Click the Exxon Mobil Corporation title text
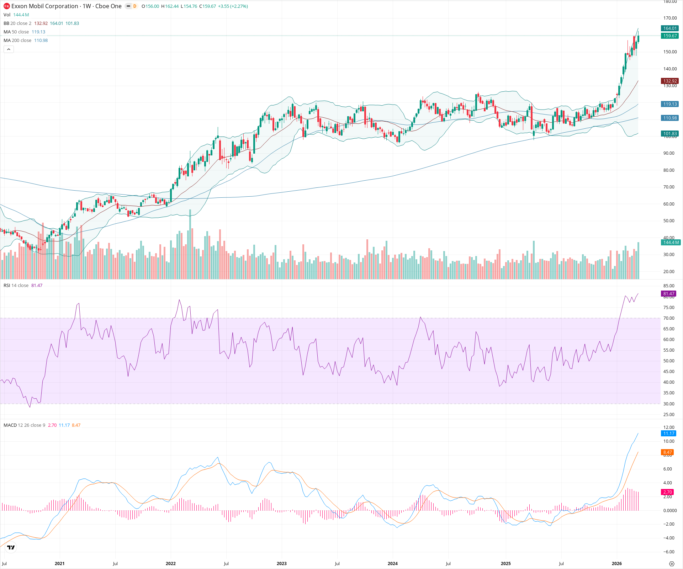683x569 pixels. (x=45, y=6)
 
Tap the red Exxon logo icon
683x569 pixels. (x=6, y=6)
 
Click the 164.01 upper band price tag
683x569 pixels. (x=669, y=28)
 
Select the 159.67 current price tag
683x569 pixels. (x=669, y=36)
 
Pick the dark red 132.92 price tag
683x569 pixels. (x=669, y=81)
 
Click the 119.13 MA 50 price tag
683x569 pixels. (x=669, y=104)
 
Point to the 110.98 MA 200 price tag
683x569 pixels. (x=669, y=118)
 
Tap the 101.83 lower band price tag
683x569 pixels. (x=669, y=134)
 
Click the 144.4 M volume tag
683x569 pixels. (x=670, y=243)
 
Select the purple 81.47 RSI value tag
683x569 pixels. (x=669, y=294)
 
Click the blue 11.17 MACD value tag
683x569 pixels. (x=669, y=434)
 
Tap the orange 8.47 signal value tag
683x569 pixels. (x=668, y=452)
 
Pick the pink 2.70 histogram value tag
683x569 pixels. (x=668, y=492)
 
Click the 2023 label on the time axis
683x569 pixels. (x=281, y=564)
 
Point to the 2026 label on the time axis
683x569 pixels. (x=616, y=564)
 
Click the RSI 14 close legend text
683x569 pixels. (x=16, y=286)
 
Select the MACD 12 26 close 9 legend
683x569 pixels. (x=24, y=425)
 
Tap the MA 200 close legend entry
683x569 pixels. (x=17, y=41)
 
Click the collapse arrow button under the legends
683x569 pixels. (x=9, y=49)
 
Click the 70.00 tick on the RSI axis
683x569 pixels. (x=669, y=318)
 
